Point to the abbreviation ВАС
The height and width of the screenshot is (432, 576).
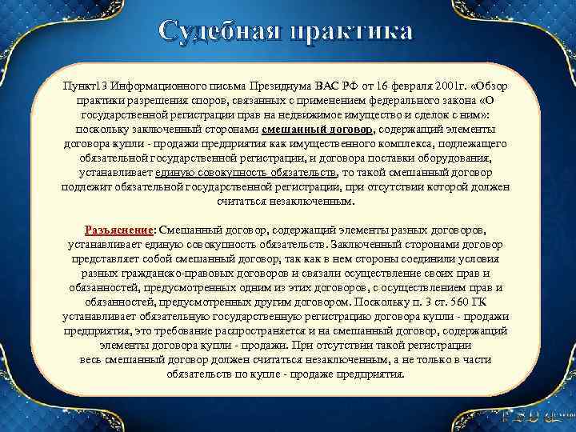(x=328, y=86)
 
